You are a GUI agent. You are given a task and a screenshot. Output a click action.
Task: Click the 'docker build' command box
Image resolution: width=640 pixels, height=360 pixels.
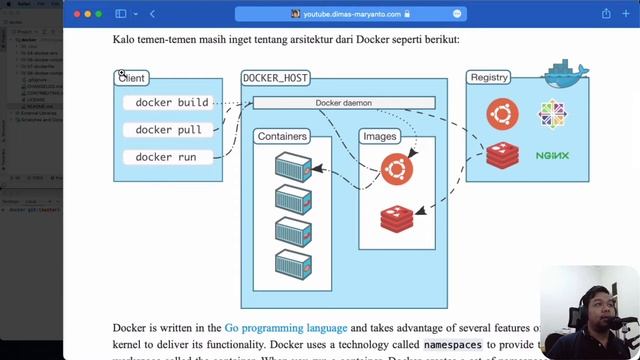pyautogui.click(x=172, y=102)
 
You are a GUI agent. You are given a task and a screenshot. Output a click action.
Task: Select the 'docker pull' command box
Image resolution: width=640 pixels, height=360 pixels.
pyautogui.click(x=168, y=130)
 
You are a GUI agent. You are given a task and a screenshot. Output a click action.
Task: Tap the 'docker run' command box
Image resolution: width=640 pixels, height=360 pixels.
pyautogui.click(x=166, y=157)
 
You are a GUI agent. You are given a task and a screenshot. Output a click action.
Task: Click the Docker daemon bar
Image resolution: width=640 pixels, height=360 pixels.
pyautogui.click(x=343, y=103)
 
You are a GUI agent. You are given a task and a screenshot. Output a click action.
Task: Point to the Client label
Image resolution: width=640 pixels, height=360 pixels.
pyautogui.click(x=131, y=78)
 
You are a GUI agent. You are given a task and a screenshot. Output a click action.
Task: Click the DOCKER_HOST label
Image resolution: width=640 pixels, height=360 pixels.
pyautogui.click(x=275, y=78)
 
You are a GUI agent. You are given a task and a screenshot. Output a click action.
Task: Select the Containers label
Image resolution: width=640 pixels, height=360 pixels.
pyautogui.click(x=282, y=136)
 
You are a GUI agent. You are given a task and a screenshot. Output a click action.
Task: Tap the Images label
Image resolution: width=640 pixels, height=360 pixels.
pyautogui.click(x=380, y=136)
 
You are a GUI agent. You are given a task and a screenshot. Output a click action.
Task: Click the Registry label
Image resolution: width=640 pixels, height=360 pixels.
pyautogui.click(x=488, y=77)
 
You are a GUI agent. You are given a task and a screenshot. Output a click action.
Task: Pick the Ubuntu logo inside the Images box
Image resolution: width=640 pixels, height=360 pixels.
pyautogui.click(x=396, y=168)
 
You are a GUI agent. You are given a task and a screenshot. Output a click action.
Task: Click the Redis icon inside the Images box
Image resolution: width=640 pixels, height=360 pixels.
pyautogui.click(x=396, y=218)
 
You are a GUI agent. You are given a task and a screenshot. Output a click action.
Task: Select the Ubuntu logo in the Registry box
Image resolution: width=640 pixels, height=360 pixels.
pyautogui.click(x=502, y=114)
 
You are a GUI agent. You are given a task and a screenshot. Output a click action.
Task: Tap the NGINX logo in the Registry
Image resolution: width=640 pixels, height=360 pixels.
pyautogui.click(x=552, y=156)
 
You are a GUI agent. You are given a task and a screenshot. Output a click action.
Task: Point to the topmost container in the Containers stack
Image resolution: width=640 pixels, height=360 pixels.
pyautogui.click(x=294, y=164)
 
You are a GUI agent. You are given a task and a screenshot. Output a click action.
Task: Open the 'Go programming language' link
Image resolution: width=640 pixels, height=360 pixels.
pyautogui.click(x=286, y=327)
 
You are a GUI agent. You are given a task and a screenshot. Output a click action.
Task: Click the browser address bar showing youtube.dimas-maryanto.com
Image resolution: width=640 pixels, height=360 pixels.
pyautogui.click(x=350, y=14)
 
